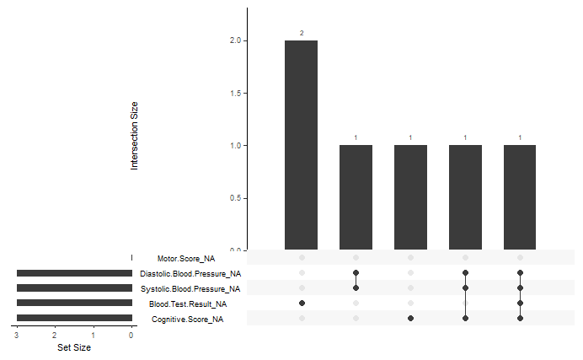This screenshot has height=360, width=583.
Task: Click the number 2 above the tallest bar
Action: (x=301, y=33)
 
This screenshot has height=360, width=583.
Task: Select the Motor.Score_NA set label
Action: (x=185, y=259)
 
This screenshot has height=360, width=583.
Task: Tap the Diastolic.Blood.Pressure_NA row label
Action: (x=190, y=274)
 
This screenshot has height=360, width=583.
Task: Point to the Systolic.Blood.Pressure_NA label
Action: (x=190, y=289)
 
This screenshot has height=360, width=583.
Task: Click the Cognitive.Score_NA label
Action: (x=187, y=320)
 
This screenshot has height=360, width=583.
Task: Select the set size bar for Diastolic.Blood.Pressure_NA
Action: (x=74, y=273)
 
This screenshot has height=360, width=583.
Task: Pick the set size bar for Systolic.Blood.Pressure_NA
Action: (x=74, y=288)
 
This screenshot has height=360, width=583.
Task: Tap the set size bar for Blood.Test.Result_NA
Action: (x=74, y=303)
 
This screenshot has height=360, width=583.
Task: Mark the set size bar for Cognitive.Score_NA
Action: (x=74, y=318)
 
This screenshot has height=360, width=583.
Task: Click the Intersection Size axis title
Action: (x=134, y=136)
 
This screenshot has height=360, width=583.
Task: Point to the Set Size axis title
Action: (x=74, y=347)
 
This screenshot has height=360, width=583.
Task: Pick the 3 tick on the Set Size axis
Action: (x=16, y=335)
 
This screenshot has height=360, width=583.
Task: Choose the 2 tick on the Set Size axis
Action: (x=55, y=335)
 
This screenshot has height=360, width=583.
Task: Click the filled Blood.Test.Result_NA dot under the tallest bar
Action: (x=302, y=303)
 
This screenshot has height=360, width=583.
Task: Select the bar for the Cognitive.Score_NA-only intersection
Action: (x=410, y=197)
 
